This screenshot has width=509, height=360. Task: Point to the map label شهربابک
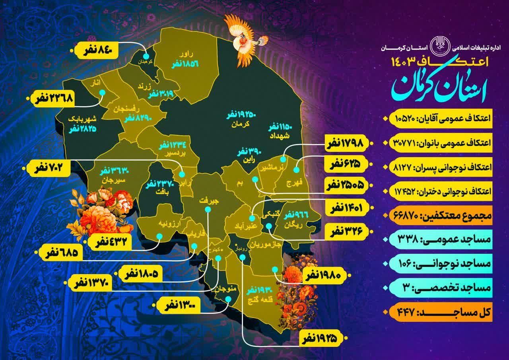[82, 119]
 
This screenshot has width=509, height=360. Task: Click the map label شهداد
[281, 136]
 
